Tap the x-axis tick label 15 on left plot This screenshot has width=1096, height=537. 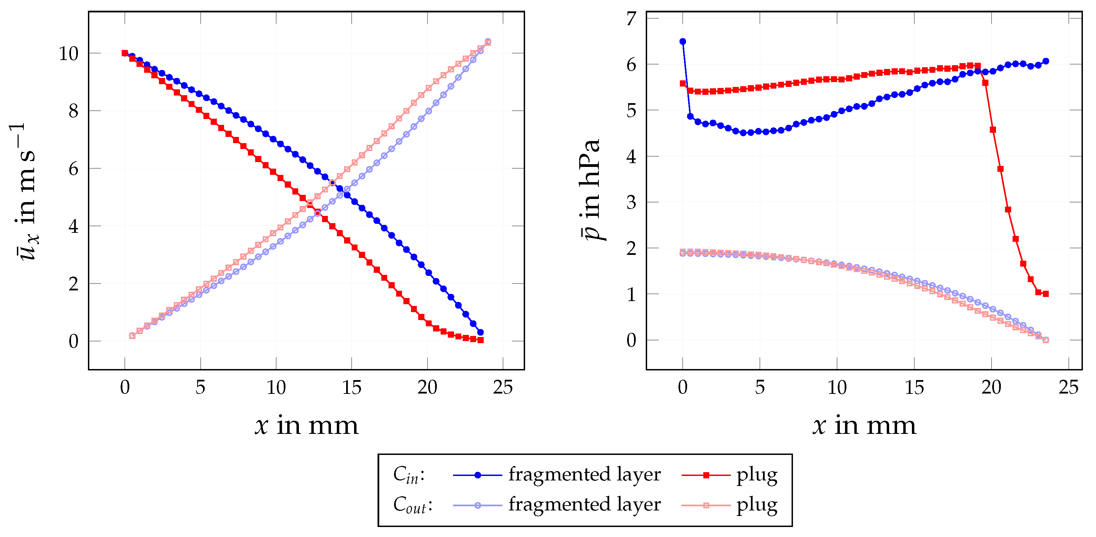(351, 388)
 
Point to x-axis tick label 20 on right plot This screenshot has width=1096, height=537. (991, 388)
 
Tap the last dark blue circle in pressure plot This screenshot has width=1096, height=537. (1045, 61)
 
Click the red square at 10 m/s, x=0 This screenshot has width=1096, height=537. (125, 53)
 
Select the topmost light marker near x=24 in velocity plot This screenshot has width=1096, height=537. (487, 42)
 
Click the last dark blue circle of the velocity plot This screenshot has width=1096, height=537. (480, 332)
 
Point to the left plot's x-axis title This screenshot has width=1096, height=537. (306, 426)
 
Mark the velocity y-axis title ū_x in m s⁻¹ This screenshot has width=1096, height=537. (23, 191)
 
